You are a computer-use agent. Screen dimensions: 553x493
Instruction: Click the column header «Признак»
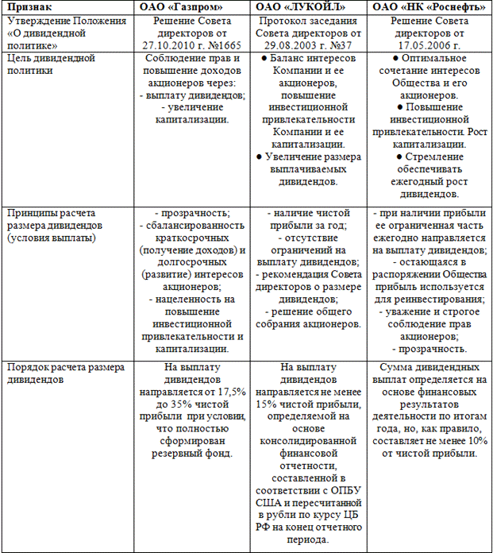pos(28,7)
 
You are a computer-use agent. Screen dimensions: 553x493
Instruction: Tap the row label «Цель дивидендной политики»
pos(51,64)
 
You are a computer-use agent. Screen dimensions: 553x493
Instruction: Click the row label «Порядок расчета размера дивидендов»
pos(65,373)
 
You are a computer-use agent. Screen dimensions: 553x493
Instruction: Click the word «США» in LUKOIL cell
pos(273,503)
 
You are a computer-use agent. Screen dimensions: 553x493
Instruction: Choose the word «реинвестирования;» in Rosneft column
pos(438,300)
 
